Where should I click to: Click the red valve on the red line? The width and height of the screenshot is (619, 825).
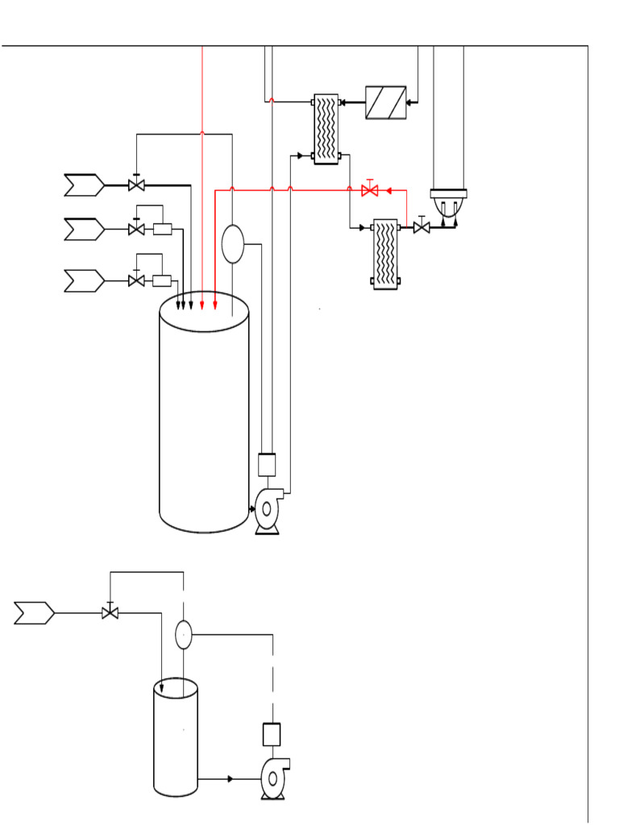click(x=370, y=190)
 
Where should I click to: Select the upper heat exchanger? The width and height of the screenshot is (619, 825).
click(x=326, y=129)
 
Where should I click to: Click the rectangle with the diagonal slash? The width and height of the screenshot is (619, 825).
click(x=385, y=102)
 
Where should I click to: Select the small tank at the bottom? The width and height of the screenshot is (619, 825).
click(x=176, y=738)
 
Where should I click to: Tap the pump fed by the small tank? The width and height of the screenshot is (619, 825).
click(x=273, y=778)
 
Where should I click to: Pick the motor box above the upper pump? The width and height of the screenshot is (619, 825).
click(x=267, y=464)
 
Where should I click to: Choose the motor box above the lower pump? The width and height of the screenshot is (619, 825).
click(x=272, y=734)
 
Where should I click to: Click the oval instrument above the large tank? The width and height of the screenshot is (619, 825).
click(x=232, y=244)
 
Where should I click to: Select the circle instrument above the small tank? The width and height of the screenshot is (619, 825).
click(x=184, y=635)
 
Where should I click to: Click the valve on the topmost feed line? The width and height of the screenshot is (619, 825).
click(x=136, y=185)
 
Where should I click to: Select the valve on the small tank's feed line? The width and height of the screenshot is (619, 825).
click(x=110, y=613)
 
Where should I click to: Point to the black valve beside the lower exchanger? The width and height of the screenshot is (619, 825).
click(x=421, y=228)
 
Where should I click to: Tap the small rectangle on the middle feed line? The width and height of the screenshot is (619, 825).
click(x=162, y=230)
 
